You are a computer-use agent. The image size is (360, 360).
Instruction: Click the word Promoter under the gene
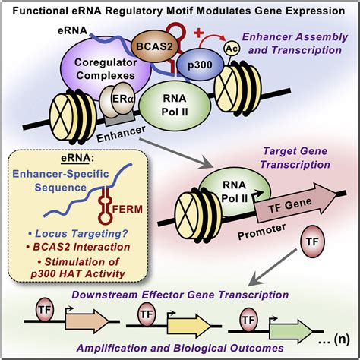(x=262, y=235)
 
